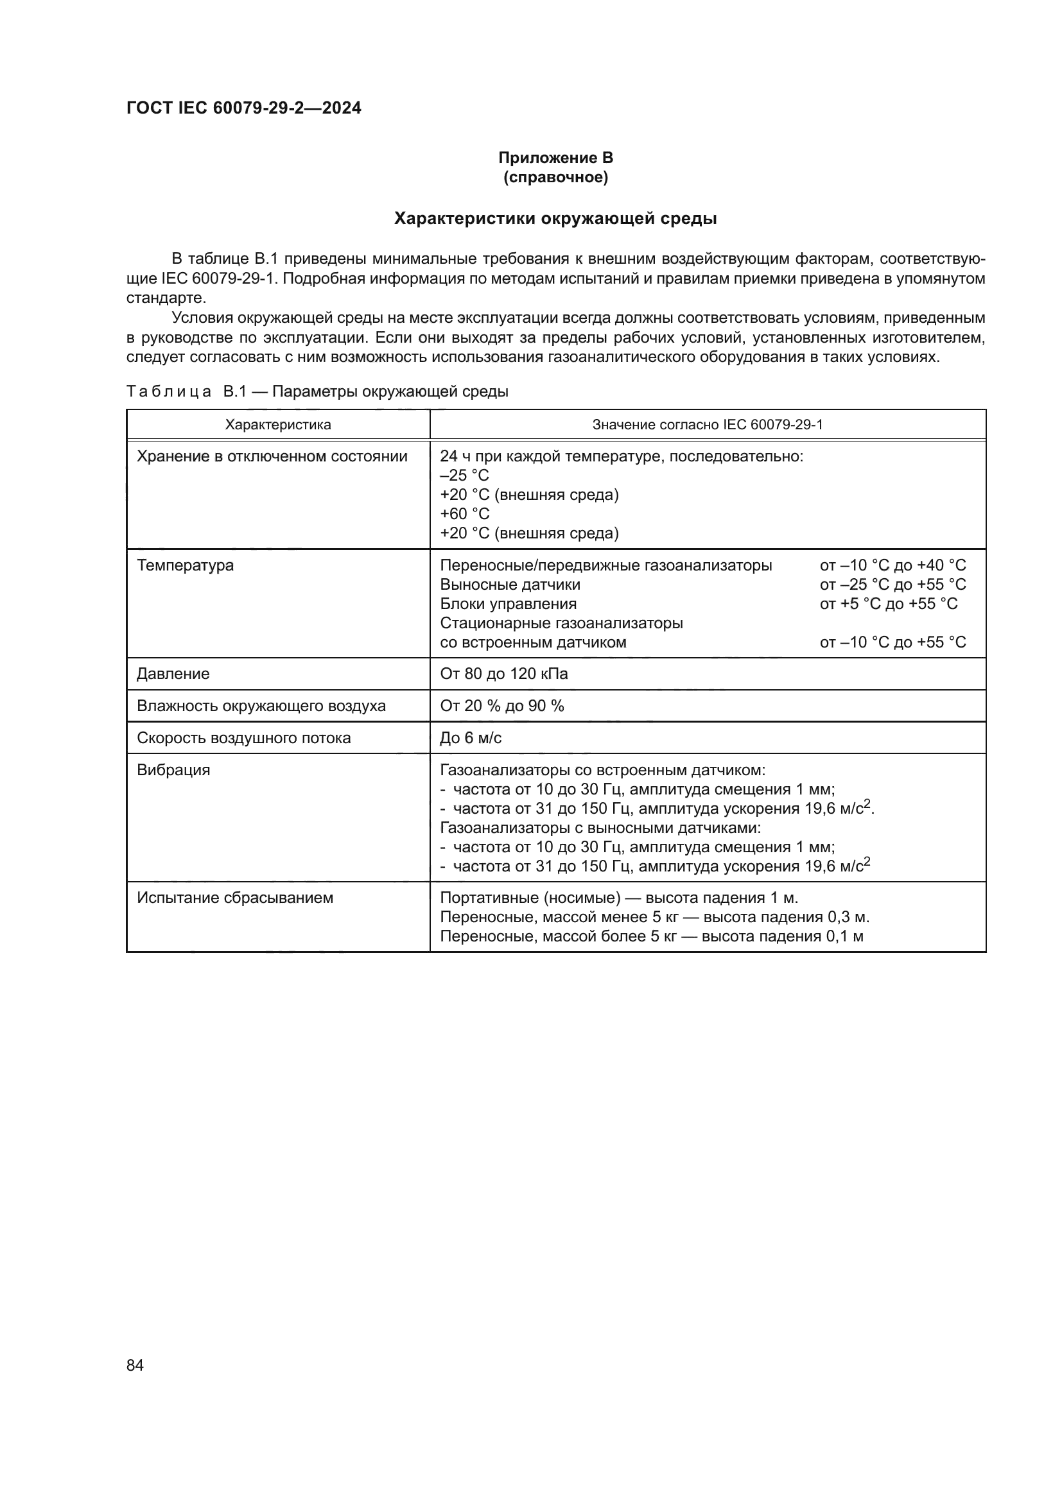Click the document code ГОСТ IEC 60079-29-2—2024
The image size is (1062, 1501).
pos(243,108)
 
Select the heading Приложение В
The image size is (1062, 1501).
pos(555,158)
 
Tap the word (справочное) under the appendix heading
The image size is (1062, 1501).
pos(555,177)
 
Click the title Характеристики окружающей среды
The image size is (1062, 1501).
pos(555,218)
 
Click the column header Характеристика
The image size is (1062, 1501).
pos(278,425)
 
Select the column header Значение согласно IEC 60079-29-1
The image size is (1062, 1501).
pos(707,425)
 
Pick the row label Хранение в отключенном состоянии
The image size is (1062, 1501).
pos(272,456)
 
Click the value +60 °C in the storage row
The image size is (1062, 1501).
pos(464,514)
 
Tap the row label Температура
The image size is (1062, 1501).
pos(185,565)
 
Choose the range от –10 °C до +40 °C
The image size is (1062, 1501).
pos(892,565)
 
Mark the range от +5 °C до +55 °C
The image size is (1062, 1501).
pos(888,603)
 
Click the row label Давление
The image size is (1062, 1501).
pos(173,674)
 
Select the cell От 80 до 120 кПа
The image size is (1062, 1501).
pos(503,674)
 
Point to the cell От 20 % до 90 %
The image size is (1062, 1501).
pos(501,706)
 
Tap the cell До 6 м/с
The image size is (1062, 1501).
pos(470,738)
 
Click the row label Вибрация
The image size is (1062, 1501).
pos(173,770)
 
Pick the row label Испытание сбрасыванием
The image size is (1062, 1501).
pos(235,898)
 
